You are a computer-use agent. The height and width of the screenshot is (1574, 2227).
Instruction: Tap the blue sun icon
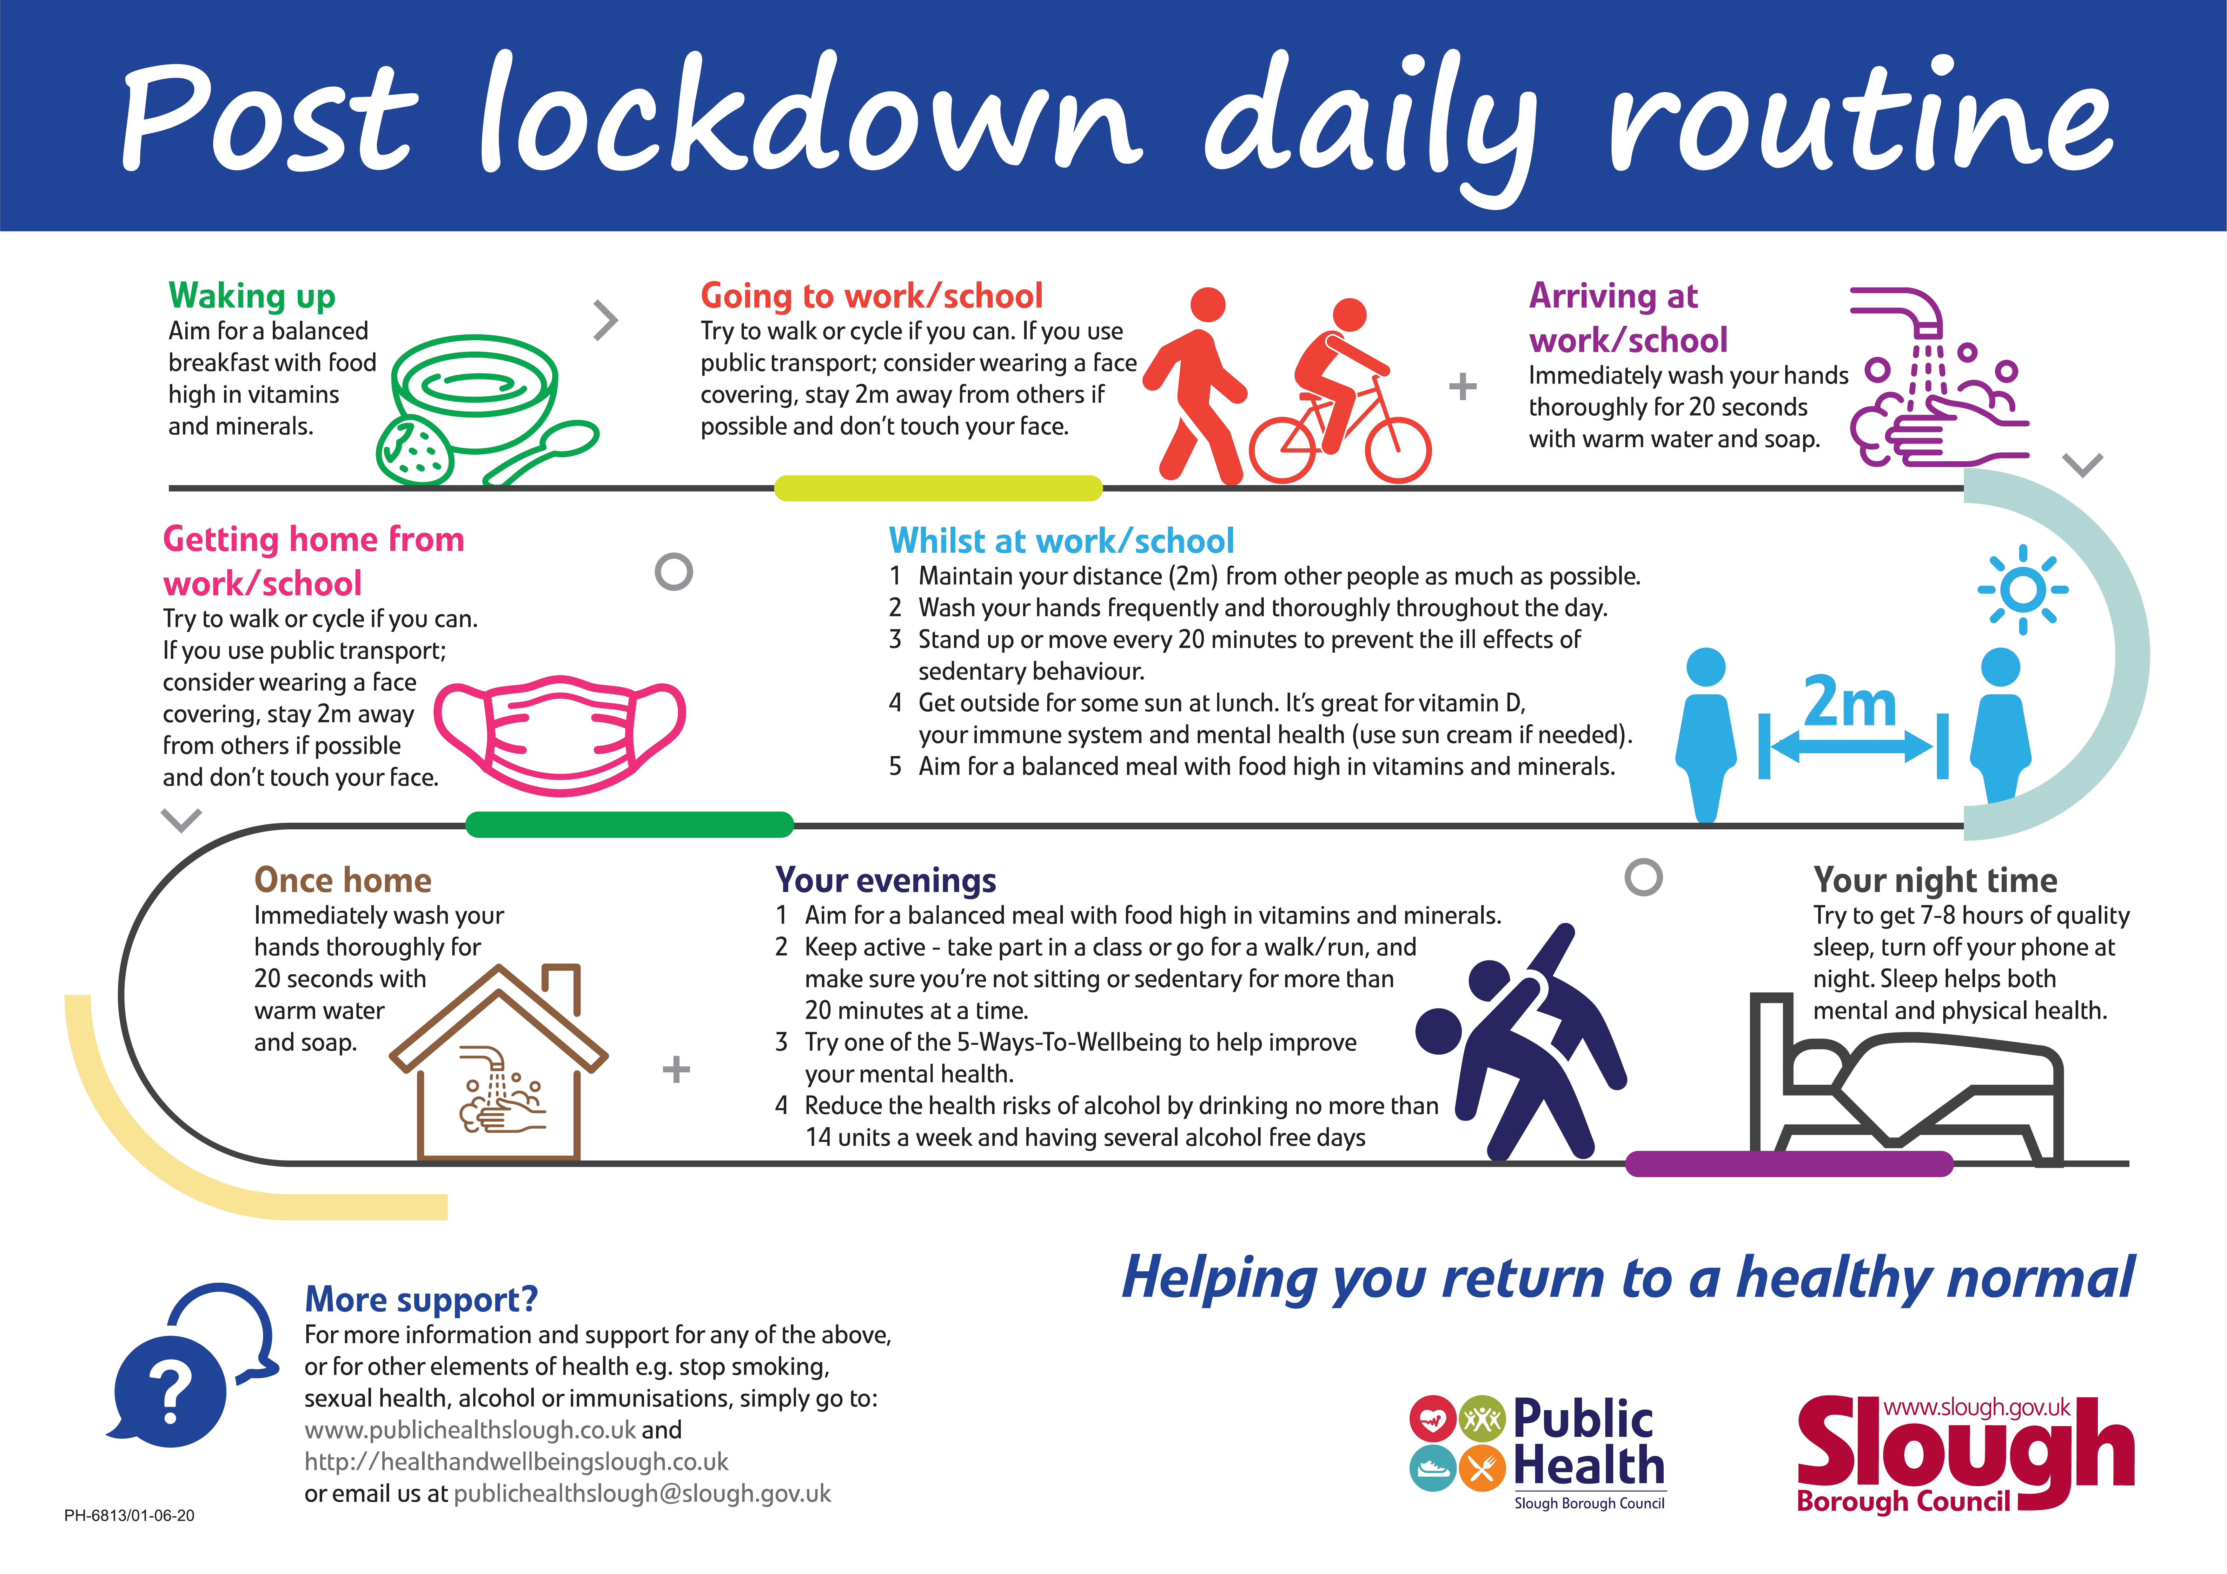[x=2023, y=589]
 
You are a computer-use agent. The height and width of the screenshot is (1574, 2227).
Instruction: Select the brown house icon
[x=499, y=1062]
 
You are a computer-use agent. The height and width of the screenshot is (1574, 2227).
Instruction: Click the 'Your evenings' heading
[x=885, y=879]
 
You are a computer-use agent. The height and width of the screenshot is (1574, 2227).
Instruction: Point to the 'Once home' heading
[x=342, y=879]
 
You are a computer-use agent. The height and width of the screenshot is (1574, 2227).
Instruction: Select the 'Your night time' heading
[x=1935, y=879]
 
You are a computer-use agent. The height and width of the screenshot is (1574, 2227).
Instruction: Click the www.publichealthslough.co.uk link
[x=470, y=1430]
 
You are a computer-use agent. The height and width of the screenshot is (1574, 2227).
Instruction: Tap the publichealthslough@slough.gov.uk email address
[x=642, y=1493]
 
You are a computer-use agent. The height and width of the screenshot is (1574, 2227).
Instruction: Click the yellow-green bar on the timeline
[x=938, y=488]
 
